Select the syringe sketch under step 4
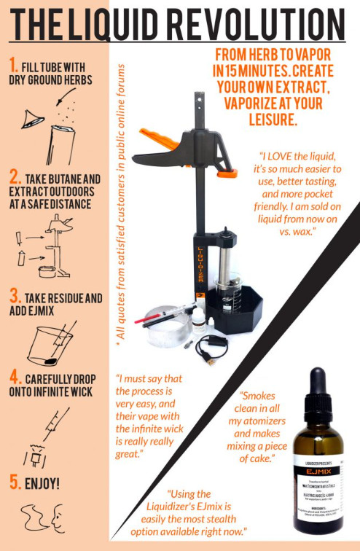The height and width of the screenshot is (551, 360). coord(55,421)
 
